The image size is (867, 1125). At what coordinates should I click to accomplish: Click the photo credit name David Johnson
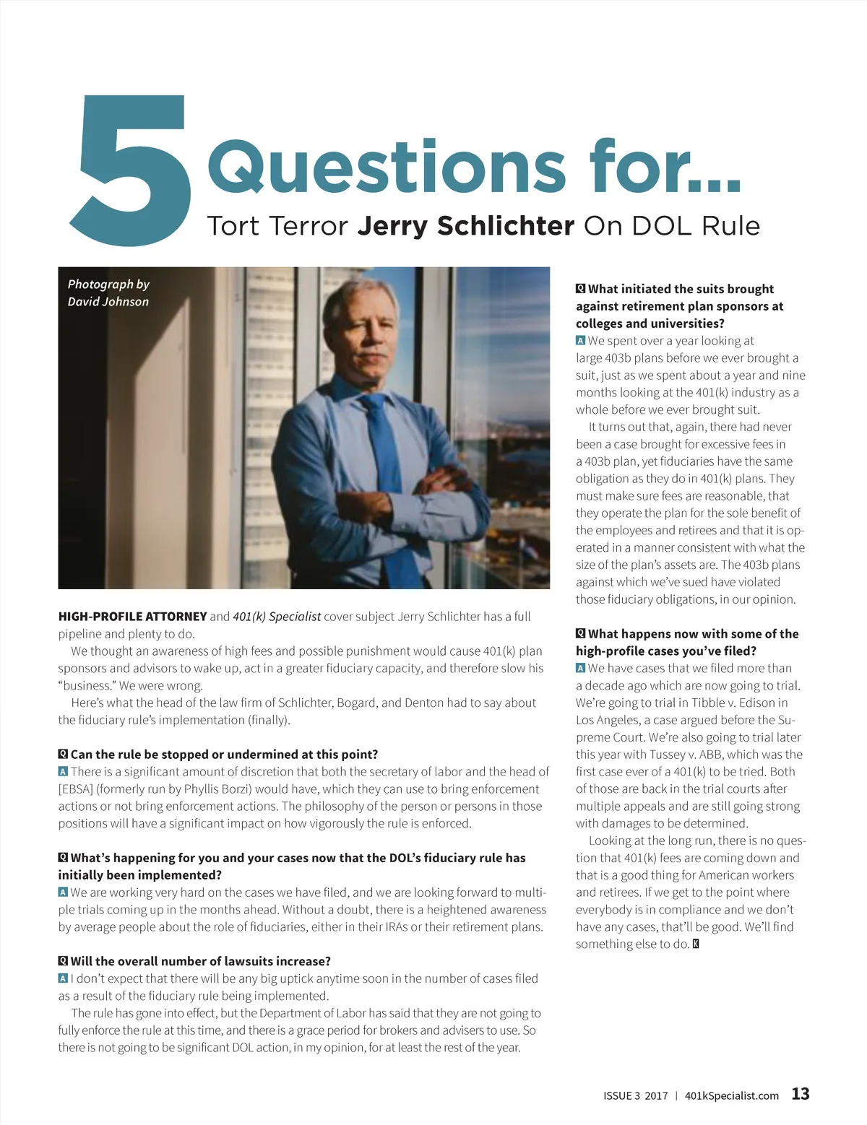point(108,302)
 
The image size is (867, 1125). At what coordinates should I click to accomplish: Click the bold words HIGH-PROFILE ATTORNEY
point(132,617)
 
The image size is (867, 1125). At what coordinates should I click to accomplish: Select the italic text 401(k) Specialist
point(277,617)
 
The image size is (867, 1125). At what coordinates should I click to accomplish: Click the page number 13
point(801,1094)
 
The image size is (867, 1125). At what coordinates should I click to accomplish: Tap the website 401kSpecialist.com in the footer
point(731,1095)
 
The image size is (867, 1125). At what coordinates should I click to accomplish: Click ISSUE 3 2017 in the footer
point(635,1095)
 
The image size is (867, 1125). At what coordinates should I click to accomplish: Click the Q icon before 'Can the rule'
point(63,755)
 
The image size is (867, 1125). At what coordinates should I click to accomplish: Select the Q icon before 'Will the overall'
point(63,962)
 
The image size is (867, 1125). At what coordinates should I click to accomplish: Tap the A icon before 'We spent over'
point(580,341)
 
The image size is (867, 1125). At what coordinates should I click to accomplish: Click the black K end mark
point(696,944)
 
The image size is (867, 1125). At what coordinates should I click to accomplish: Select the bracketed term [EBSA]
point(76,789)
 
